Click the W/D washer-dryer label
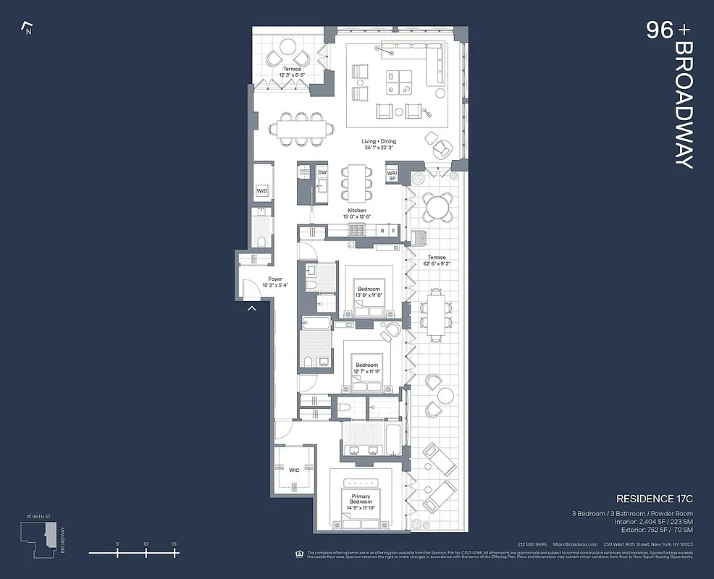[x=261, y=192]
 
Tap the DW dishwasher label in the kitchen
[x=322, y=172]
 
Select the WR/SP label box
[x=392, y=175]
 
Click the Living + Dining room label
[x=379, y=141]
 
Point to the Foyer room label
[x=274, y=279]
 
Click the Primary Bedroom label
[x=361, y=500]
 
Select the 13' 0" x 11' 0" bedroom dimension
[x=369, y=296]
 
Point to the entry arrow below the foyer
[x=252, y=309]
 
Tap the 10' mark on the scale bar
[x=146, y=552]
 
